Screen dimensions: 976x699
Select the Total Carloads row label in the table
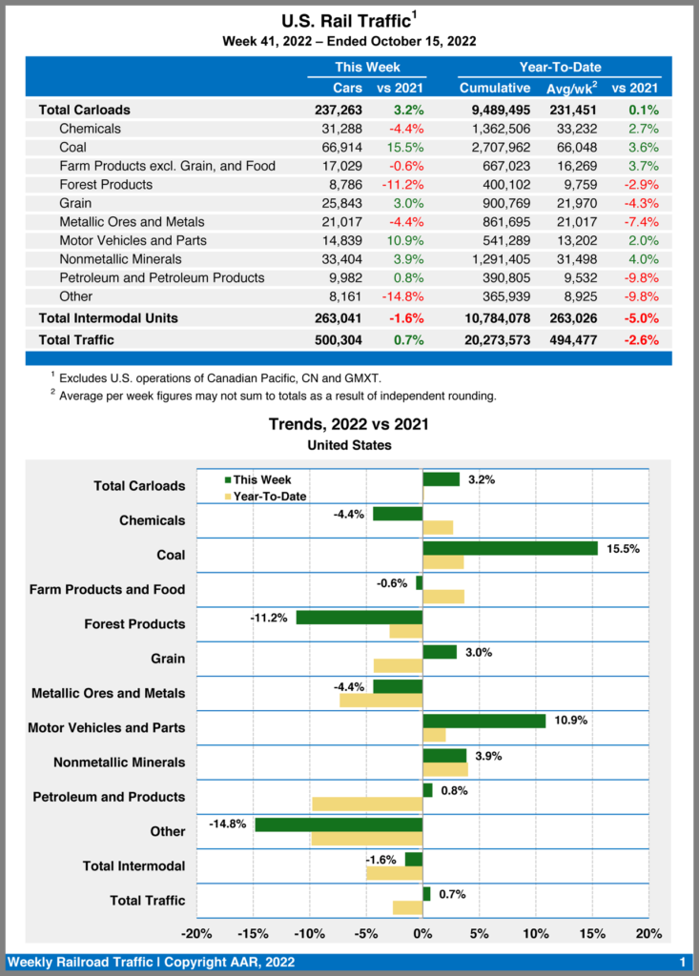tap(84, 110)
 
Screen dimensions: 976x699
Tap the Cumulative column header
tap(494, 88)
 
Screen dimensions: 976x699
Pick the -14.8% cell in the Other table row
tap(402, 296)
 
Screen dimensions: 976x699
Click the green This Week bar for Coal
tap(509, 548)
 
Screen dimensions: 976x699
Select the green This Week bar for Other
tap(338, 824)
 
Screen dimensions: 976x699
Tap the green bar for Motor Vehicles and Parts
tap(483, 721)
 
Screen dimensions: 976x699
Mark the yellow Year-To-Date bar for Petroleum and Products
tap(367, 803)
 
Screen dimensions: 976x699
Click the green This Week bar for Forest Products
tap(359, 618)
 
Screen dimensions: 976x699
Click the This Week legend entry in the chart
tap(257, 480)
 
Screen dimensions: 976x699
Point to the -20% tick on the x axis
tap(196, 933)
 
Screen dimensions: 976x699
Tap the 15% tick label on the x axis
tap(591, 933)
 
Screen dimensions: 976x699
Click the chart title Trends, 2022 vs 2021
tap(349, 424)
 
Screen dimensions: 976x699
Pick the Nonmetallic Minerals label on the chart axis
tap(119, 762)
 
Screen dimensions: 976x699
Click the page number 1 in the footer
tap(683, 962)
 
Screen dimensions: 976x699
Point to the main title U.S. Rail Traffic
tap(345, 20)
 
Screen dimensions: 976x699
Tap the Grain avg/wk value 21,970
tap(561, 203)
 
